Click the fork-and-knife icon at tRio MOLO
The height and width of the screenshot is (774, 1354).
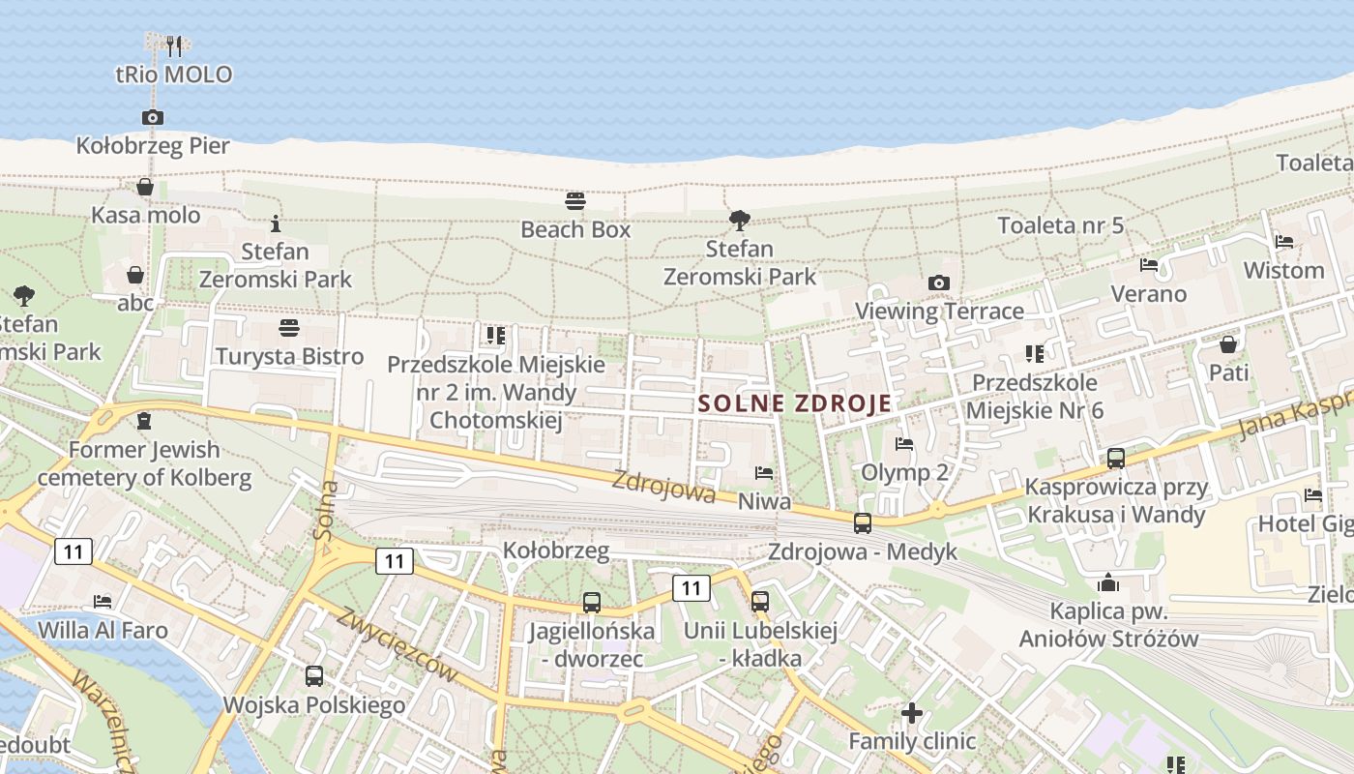click(x=174, y=45)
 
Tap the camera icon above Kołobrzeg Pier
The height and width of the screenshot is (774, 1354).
click(x=152, y=117)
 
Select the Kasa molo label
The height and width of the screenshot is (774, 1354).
click(x=145, y=215)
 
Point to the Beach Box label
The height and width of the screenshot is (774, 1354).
click(x=575, y=229)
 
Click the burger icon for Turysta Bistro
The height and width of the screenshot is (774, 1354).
click(x=288, y=328)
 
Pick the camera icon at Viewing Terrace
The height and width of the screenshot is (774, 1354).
click(x=938, y=283)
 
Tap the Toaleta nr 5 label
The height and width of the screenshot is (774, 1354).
click(x=1061, y=225)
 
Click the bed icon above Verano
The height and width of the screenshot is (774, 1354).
click(x=1149, y=264)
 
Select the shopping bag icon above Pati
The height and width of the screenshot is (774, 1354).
click(x=1228, y=343)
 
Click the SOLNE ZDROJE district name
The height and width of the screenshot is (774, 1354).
click(x=794, y=403)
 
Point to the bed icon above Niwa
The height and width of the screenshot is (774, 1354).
click(x=764, y=473)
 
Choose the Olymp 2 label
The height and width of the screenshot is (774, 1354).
click(x=904, y=472)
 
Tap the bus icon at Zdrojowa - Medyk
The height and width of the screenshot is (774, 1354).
click(x=862, y=522)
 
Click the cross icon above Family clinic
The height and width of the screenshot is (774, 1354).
click(x=911, y=713)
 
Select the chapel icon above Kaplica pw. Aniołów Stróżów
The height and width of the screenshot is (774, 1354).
click(x=1108, y=582)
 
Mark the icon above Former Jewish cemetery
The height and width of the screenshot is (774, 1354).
click(x=144, y=421)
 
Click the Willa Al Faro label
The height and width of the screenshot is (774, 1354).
click(x=103, y=630)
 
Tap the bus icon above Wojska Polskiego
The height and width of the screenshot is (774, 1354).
click(x=314, y=675)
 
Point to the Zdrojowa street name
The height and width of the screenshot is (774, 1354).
click(x=663, y=487)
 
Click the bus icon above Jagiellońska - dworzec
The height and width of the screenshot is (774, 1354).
click(x=591, y=602)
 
